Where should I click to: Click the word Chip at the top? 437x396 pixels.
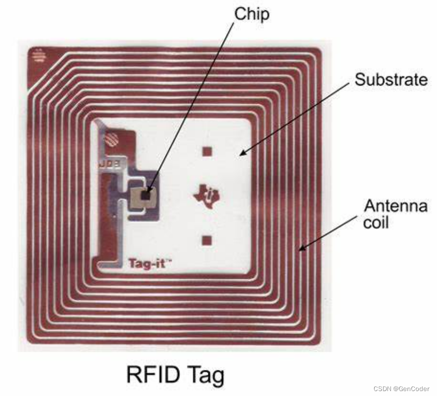252,14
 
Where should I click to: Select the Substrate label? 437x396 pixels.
391,80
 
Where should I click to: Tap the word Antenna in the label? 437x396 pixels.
395,206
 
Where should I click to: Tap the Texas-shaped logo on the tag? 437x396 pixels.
207,195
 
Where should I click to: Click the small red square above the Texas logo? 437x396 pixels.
207,151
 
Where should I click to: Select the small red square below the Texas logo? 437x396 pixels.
207,240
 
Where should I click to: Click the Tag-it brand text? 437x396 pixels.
146,263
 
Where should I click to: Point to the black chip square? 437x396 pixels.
146,195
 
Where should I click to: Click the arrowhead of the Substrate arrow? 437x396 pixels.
241,154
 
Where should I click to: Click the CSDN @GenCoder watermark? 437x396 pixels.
402,389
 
